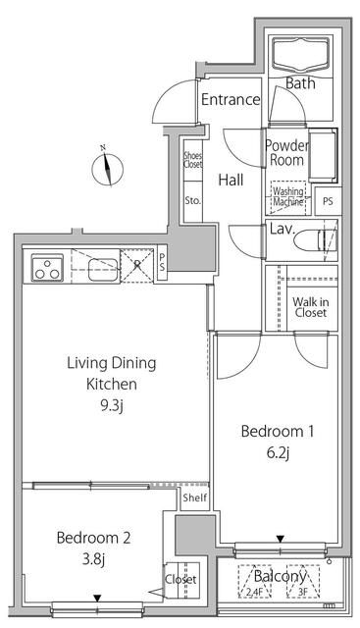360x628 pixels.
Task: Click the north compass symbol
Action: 107,169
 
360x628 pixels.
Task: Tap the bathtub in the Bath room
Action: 301,55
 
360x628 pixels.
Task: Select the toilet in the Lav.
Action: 315,240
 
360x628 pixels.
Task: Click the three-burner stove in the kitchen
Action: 47,267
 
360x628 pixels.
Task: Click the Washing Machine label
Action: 288,196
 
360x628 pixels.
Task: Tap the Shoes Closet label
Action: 192,159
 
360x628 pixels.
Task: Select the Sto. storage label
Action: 192,201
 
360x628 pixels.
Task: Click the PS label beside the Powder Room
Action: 328,201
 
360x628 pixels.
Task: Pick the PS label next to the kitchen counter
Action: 162,262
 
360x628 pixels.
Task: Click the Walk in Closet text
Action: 310,307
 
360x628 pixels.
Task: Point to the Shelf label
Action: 195,497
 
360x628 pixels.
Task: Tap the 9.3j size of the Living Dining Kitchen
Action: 111,406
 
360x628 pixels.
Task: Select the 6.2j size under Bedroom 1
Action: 278,453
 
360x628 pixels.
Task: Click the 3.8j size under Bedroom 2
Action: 94,559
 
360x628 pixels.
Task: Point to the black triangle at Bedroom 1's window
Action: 281,539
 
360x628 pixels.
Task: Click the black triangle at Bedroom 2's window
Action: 97,599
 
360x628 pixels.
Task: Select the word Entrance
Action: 231,99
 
